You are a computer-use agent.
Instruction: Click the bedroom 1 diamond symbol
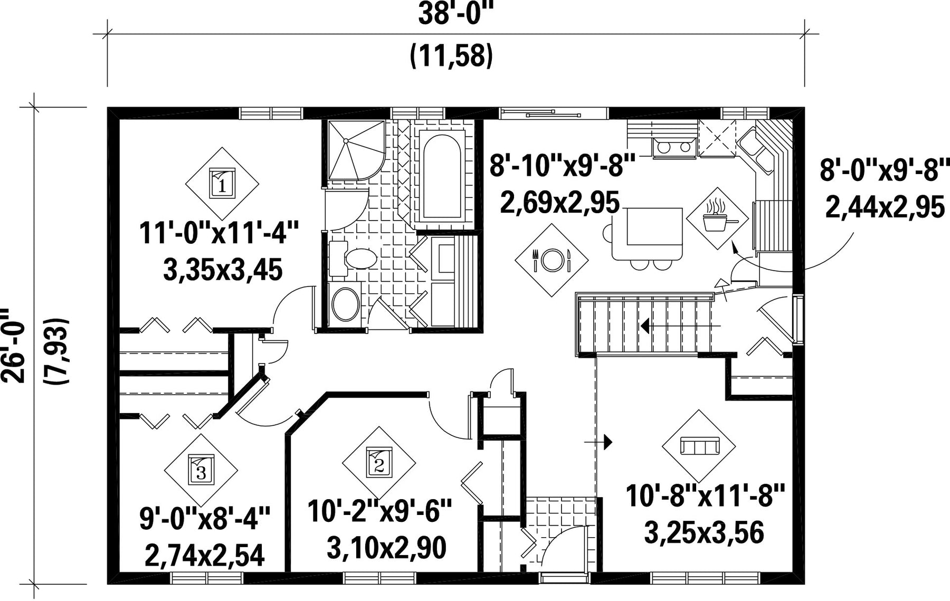(x=222, y=184)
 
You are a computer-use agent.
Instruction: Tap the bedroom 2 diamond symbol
(x=378, y=463)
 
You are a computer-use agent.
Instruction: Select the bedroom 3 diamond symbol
(x=201, y=470)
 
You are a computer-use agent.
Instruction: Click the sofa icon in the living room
(x=700, y=446)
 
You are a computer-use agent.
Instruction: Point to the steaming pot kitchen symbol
(x=718, y=218)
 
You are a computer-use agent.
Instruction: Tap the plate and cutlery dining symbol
(x=552, y=260)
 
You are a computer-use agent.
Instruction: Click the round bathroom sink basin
(x=346, y=305)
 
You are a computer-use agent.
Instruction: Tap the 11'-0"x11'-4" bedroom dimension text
(x=220, y=233)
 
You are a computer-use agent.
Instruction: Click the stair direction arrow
(x=680, y=326)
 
